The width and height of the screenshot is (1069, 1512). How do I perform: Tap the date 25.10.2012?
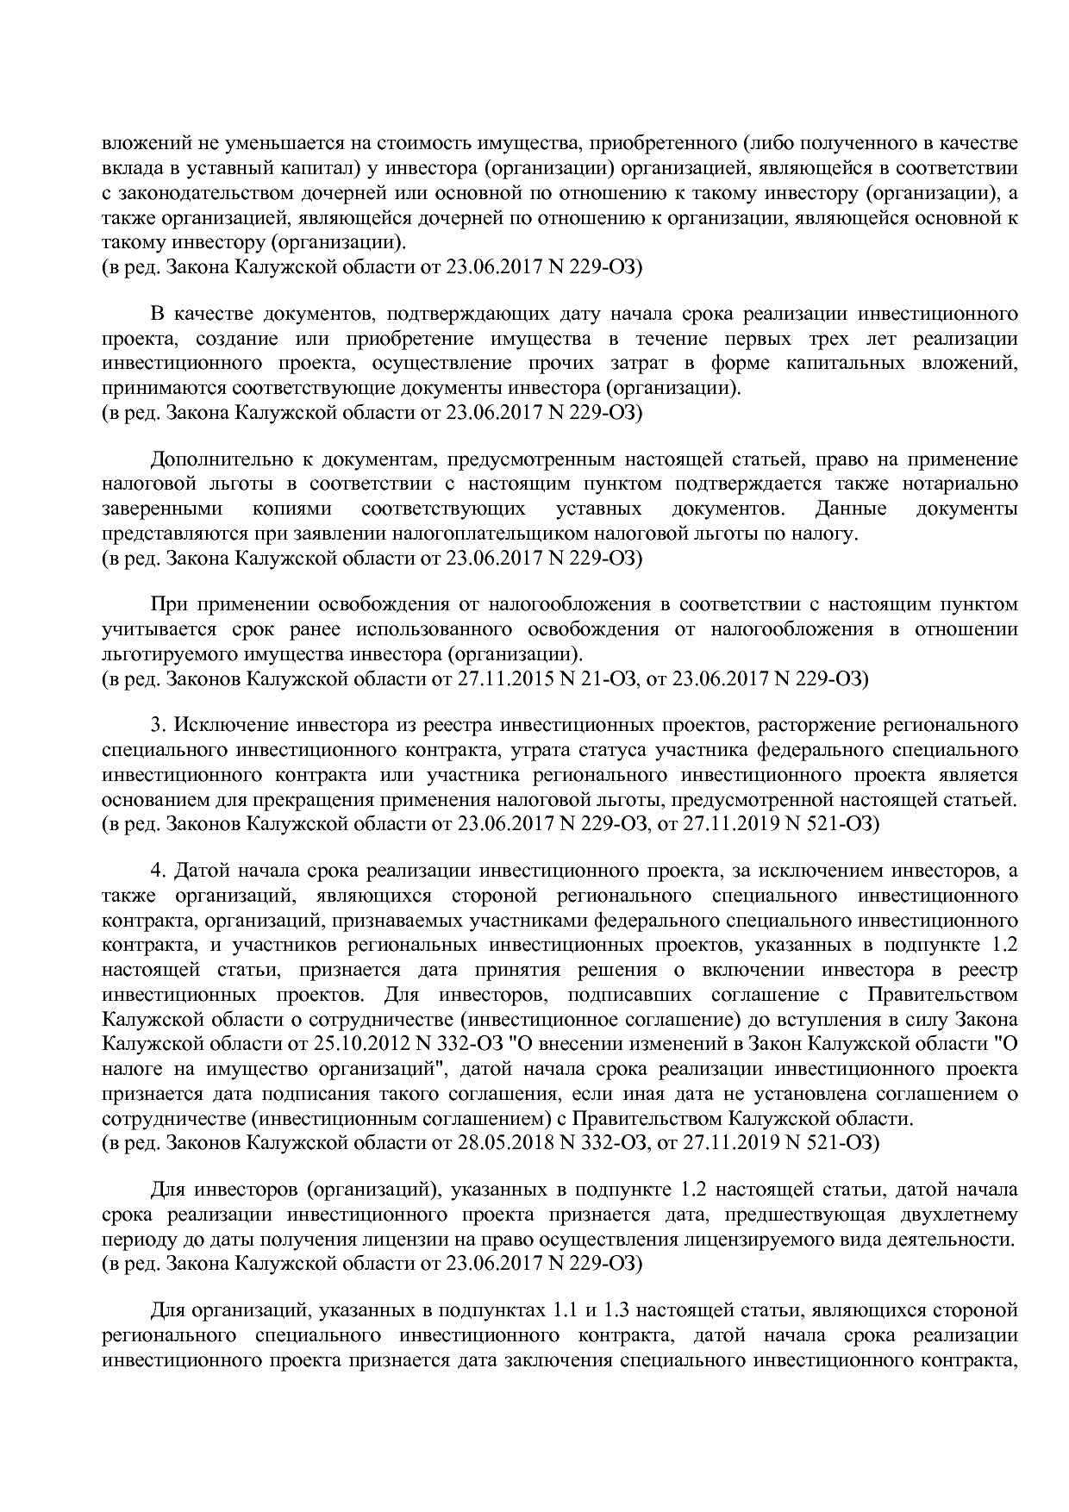(344, 1045)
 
